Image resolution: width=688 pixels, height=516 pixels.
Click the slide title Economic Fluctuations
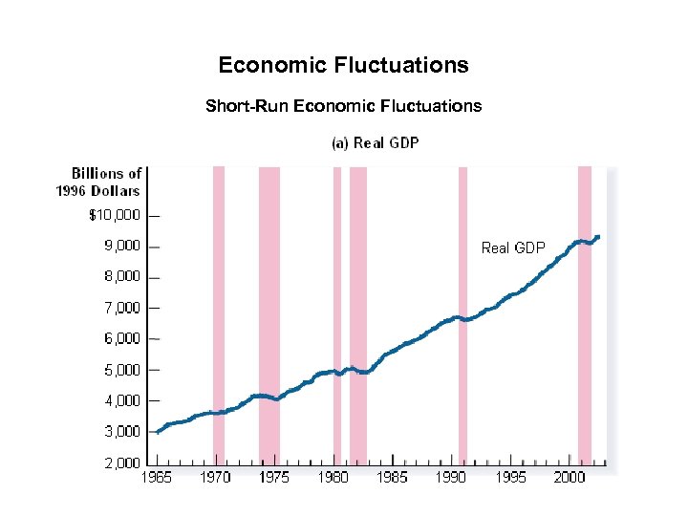343,65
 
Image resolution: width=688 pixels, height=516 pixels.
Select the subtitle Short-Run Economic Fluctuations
343,106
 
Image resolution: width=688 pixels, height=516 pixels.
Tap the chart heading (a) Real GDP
375,143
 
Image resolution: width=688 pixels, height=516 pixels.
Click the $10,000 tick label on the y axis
114,216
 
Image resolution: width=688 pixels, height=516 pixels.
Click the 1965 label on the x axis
157,478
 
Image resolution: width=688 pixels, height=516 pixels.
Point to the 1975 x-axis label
274,478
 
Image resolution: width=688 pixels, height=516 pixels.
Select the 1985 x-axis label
392,478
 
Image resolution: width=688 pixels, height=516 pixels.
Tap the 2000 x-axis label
570,478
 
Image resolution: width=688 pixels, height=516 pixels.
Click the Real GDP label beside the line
513,248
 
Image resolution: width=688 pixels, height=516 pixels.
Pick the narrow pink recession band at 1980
336,287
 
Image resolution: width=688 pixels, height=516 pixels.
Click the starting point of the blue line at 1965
158,432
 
